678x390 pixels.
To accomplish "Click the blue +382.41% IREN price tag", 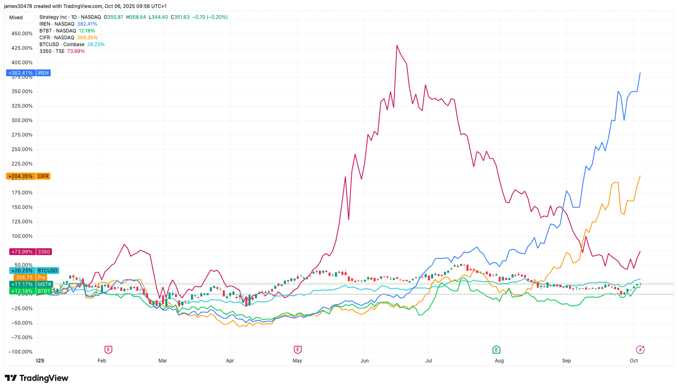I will click(x=28, y=73).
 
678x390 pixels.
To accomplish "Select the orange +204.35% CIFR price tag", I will click(x=28, y=176).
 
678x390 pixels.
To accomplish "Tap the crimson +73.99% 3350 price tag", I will click(x=30, y=252).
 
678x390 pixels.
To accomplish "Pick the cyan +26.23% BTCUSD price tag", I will click(x=34, y=271).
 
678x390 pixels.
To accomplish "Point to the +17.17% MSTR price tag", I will click(x=31, y=284).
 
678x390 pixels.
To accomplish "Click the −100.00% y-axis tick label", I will click(x=20, y=352).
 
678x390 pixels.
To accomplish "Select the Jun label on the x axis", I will click(x=364, y=361).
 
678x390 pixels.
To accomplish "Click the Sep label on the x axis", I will click(x=567, y=361).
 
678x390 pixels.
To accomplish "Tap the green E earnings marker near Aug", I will click(x=496, y=350).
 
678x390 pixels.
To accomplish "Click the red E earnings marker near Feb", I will click(x=108, y=350).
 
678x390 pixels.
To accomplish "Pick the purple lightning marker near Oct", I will click(x=640, y=350).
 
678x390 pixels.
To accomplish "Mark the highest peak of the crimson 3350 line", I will click(x=397, y=45).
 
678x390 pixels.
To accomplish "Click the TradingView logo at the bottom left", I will click(x=36, y=378).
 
